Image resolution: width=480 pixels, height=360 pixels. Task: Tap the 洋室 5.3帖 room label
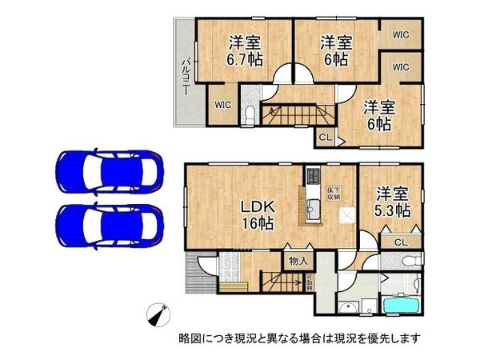click(x=394, y=202)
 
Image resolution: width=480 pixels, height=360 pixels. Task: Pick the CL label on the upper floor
click(x=324, y=137)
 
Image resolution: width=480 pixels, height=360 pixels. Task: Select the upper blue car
click(x=110, y=170)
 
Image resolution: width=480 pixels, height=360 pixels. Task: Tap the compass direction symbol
click(x=159, y=315)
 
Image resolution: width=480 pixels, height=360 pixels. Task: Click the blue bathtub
click(x=406, y=306)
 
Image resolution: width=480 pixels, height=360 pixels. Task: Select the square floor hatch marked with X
click(x=347, y=214)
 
